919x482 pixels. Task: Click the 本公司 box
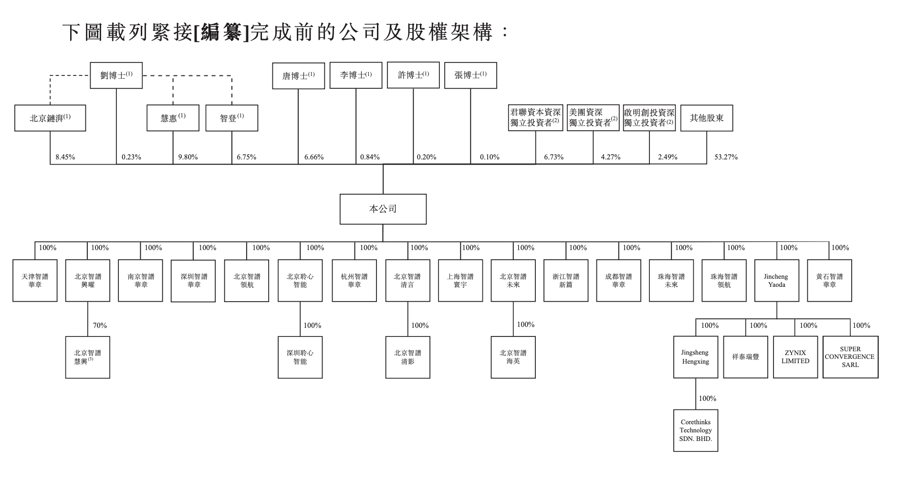click(x=383, y=209)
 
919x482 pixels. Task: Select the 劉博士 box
click(x=116, y=75)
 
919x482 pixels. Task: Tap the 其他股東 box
click(x=706, y=118)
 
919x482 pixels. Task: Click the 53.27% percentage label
click(x=726, y=157)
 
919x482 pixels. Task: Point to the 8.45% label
click(x=65, y=157)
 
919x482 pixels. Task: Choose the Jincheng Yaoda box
click(x=776, y=281)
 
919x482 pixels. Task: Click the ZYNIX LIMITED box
click(x=795, y=357)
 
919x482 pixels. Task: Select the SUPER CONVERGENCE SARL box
click(x=850, y=357)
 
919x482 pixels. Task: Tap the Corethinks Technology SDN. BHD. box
click(x=695, y=430)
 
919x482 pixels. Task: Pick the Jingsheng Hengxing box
click(x=695, y=357)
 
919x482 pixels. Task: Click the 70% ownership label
click(x=100, y=325)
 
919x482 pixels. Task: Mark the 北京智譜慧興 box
click(x=87, y=357)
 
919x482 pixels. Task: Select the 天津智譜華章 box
click(x=35, y=281)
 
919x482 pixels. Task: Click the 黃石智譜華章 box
click(x=829, y=281)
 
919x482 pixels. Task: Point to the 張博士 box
click(x=470, y=75)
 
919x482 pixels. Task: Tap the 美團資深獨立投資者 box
click(x=593, y=118)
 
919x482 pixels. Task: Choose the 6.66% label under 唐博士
click(x=314, y=157)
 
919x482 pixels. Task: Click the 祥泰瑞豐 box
click(x=745, y=357)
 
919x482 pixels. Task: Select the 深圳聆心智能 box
click(x=300, y=357)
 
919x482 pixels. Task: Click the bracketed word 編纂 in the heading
click(x=222, y=32)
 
